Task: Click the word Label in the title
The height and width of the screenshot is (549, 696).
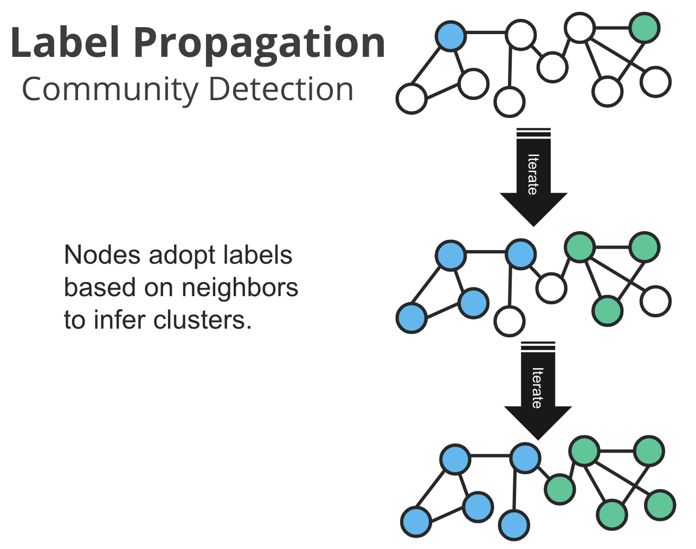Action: click(x=66, y=43)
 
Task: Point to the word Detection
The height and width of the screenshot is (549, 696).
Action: click(x=281, y=89)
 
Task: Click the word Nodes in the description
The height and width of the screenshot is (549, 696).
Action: click(x=102, y=255)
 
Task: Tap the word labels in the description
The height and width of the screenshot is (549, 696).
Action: click(x=260, y=255)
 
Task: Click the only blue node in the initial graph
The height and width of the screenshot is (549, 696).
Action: click(x=450, y=36)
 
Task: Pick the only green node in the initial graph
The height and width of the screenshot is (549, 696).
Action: click(x=645, y=28)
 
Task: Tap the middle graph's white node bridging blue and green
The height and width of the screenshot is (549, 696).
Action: click(x=551, y=287)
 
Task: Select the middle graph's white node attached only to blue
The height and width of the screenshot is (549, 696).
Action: click(x=510, y=321)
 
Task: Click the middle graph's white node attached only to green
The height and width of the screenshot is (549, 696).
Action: click(x=656, y=301)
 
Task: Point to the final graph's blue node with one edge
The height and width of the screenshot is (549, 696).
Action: click(x=514, y=525)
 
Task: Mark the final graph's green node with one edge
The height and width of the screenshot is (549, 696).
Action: click(x=660, y=505)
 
